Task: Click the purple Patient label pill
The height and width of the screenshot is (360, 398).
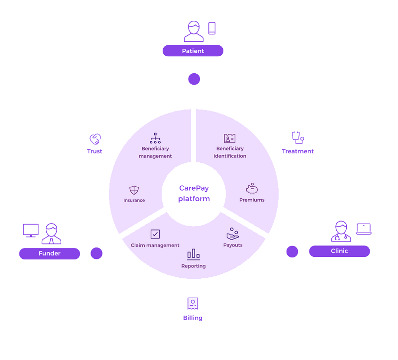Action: pyautogui.click(x=193, y=51)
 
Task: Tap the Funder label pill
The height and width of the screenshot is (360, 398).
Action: pyautogui.click(x=49, y=253)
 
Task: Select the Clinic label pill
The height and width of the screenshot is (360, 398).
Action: pyautogui.click(x=339, y=251)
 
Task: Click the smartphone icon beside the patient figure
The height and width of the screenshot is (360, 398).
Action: pyautogui.click(x=212, y=28)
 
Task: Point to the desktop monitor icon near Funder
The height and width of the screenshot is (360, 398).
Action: pyautogui.click(x=31, y=231)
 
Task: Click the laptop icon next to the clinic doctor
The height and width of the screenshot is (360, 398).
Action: pyautogui.click(x=364, y=229)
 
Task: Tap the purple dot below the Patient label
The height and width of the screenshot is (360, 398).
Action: pyautogui.click(x=194, y=79)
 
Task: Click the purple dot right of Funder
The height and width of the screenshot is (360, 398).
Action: pyautogui.click(x=97, y=253)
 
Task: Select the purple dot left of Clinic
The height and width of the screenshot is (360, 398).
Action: pyautogui.click(x=292, y=251)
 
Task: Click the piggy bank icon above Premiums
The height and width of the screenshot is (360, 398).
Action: pyautogui.click(x=252, y=189)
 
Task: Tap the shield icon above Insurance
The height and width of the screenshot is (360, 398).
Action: pyautogui.click(x=134, y=190)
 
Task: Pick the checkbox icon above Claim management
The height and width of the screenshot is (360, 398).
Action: pyautogui.click(x=155, y=234)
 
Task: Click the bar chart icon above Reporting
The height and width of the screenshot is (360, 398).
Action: pyautogui.click(x=193, y=254)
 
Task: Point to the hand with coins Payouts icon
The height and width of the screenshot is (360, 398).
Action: pyautogui.click(x=233, y=233)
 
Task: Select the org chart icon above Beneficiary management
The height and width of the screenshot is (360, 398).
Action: pyautogui.click(x=155, y=138)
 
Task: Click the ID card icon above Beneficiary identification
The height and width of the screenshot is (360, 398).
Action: pyautogui.click(x=230, y=138)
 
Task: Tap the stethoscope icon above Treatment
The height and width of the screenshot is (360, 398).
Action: pyautogui.click(x=298, y=138)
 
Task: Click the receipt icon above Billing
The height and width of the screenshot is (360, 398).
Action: pyautogui.click(x=193, y=303)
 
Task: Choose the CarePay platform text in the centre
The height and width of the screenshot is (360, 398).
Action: pyautogui.click(x=194, y=193)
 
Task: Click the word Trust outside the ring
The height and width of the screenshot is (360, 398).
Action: pyautogui.click(x=95, y=151)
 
